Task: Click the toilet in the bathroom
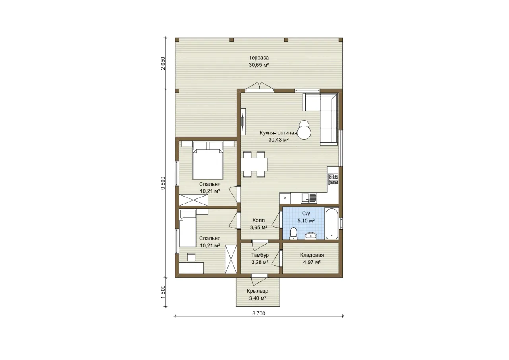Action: (293, 234)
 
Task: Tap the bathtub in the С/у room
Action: (332, 224)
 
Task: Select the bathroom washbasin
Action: (311, 236)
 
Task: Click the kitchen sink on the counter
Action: (309, 198)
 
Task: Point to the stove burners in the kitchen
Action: (333, 179)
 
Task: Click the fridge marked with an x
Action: (285, 198)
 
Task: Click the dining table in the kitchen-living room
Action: (254, 164)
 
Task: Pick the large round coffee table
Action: (304, 133)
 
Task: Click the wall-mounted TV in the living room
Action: (243, 122)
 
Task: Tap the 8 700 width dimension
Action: (259, 313)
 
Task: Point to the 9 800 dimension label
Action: (163, 183)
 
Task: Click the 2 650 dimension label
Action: (163, 63)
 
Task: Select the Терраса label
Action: (258, 58)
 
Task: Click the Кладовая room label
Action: (312, 255)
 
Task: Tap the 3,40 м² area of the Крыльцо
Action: (258, 298)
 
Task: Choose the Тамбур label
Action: (260, 255)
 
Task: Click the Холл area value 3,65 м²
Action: (258, 227)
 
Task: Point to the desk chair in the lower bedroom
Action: (191, 257)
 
